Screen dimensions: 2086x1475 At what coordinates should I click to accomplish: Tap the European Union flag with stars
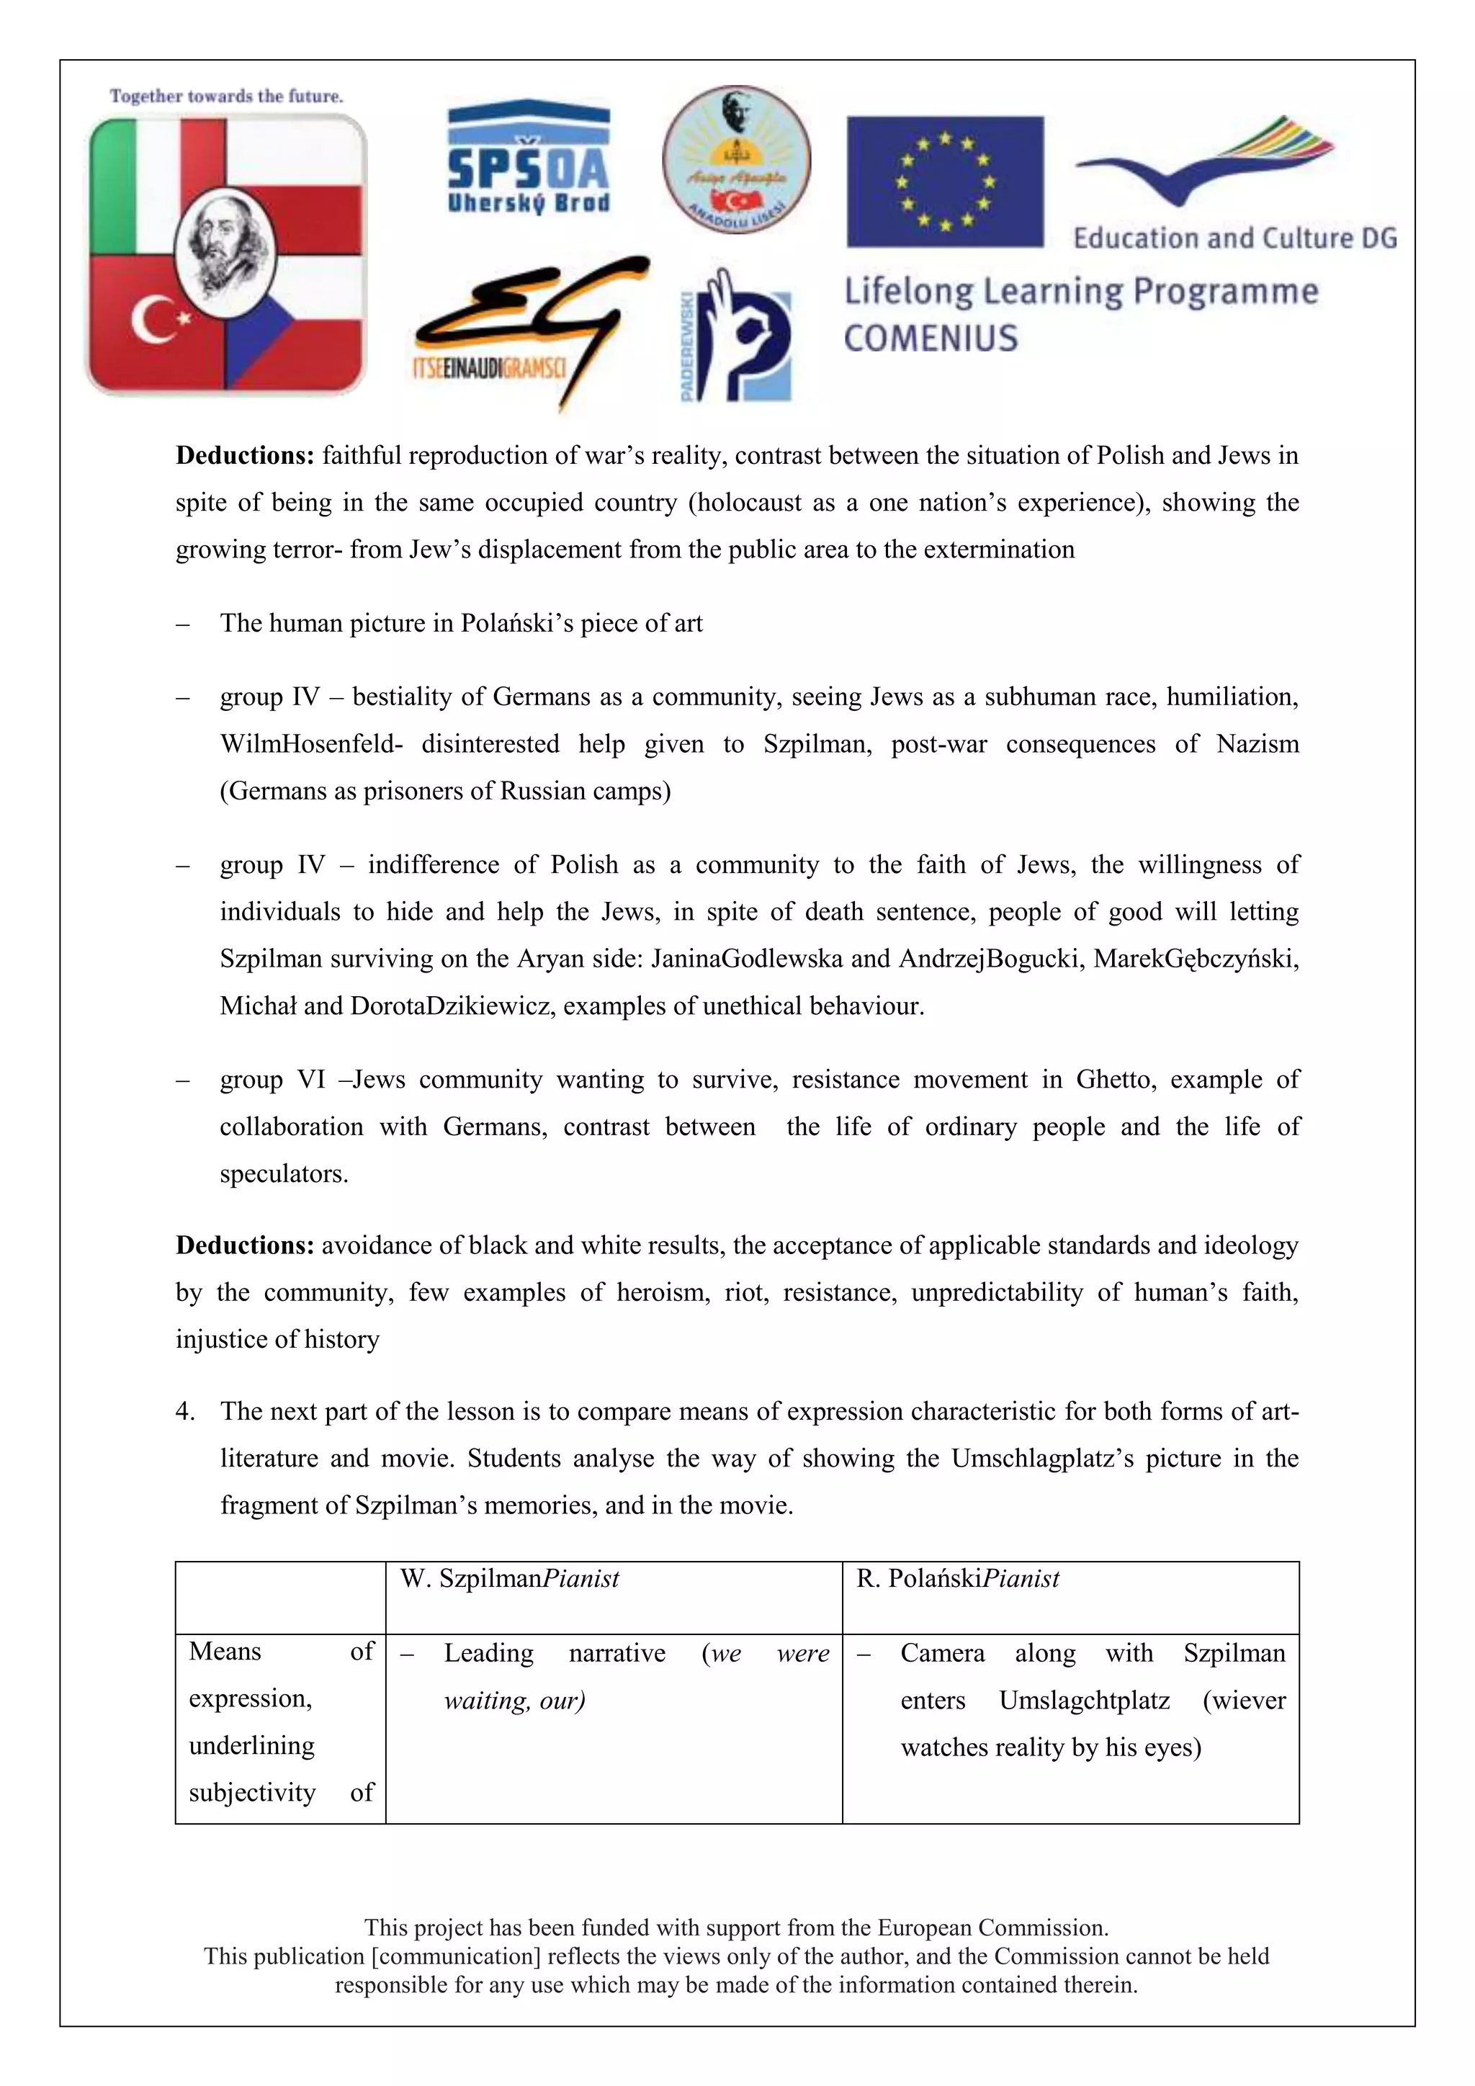pos(945,181)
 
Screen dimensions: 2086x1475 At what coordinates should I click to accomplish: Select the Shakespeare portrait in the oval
pos(226,246)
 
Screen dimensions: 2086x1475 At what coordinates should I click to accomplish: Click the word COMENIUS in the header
pos(931,339)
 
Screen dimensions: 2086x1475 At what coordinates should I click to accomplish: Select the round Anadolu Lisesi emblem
pos(735,160)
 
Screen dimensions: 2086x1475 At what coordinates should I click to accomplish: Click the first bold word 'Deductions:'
pos(244,455)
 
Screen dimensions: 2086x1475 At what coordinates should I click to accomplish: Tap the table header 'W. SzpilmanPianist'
pos(509,1579)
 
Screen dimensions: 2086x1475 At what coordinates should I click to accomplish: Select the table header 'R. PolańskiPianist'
pos(957,1579)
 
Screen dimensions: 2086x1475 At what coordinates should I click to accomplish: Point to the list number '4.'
pos(185,1411)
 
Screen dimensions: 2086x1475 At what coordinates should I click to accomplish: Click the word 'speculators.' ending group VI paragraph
pos(283,1174)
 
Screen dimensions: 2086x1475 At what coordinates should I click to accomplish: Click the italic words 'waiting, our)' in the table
pos(514,1701)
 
